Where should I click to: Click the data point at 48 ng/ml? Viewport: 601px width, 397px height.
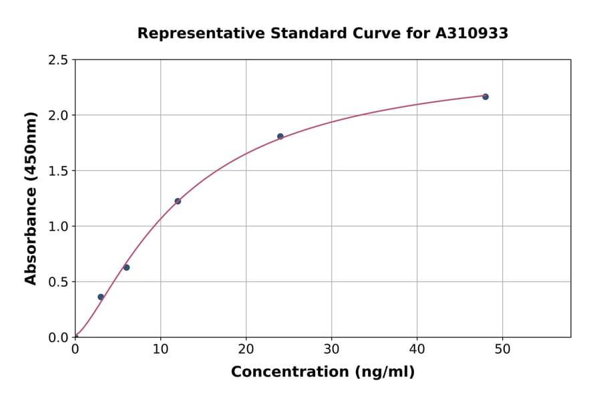485,97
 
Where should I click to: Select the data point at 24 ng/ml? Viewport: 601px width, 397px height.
280,136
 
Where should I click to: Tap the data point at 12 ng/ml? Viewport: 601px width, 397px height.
178,201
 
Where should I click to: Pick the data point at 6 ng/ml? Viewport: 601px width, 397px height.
126,267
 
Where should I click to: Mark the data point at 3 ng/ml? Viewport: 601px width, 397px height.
101,297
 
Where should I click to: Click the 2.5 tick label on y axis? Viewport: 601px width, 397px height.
59,60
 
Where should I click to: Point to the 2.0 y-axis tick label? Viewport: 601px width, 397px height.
59,116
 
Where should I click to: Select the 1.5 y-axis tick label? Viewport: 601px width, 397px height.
59,171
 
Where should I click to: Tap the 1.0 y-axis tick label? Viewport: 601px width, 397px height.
59,227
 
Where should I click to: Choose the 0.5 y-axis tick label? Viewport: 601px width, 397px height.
59,282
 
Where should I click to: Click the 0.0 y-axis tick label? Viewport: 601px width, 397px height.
59,338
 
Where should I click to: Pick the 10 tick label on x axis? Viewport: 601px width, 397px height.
160,350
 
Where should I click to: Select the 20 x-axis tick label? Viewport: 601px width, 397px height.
246,350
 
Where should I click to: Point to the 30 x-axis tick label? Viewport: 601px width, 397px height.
331,350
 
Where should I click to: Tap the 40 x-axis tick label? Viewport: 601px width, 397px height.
417,350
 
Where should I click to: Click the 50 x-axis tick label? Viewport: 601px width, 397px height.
502,350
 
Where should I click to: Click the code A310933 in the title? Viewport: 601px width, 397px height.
472,33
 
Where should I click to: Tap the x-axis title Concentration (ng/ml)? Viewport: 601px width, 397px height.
323,372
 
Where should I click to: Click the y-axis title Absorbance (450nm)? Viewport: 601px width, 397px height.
31,198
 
